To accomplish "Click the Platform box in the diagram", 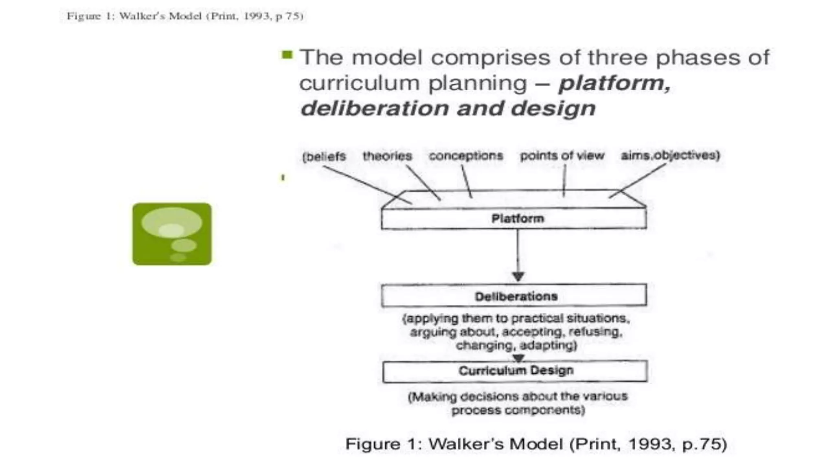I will coord(514,219).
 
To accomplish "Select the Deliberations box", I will coord(514,296).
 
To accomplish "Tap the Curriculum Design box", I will coord(515,371).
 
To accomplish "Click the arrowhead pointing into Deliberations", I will coord(518,277).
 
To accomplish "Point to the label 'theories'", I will coord(387,156).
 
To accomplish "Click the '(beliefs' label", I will coord(324,157).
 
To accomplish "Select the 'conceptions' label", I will coord(466,156).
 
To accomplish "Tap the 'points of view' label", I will coord(562,156).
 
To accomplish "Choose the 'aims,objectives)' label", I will coord(670,155).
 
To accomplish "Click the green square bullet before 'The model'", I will coord(287,55).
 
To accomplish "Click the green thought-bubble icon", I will coord(172,234).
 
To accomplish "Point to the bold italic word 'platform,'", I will coord(615,83).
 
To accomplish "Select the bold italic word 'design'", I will coord(553,109).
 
